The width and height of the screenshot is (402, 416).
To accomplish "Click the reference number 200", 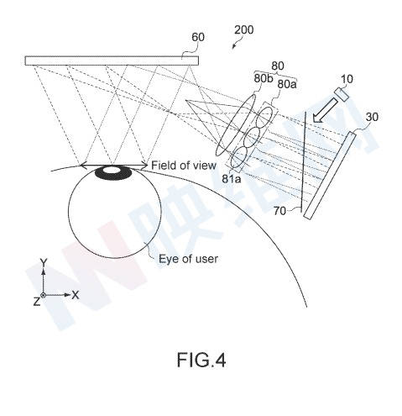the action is pos(244,29).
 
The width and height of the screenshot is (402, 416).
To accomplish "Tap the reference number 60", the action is pos(198,37).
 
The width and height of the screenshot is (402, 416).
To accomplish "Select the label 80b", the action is pos(264,78).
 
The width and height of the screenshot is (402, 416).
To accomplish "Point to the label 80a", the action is pos(287,84).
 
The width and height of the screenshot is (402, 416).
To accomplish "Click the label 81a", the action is pos(232,178).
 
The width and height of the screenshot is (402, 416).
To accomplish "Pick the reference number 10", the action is pos(347,79).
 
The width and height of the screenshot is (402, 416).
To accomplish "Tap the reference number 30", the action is pos(372,117).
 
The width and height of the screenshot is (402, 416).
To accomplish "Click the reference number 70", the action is pos(279,211).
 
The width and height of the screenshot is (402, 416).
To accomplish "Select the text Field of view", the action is pos(184,166).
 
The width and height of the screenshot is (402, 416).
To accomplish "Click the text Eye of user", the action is pos(188,259).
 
